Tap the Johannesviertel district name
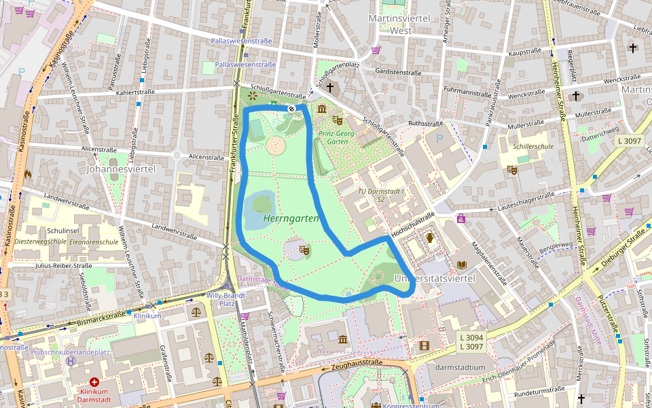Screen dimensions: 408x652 121,169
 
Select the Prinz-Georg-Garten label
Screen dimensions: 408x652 337,138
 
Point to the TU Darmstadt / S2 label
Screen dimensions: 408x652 381,195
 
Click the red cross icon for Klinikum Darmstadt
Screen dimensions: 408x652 94,383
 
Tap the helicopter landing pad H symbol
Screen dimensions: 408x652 71,361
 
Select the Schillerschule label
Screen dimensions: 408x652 534,146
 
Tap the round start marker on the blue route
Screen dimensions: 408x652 291,109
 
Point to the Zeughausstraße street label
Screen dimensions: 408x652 359,363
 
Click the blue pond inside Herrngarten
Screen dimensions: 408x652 259,203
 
